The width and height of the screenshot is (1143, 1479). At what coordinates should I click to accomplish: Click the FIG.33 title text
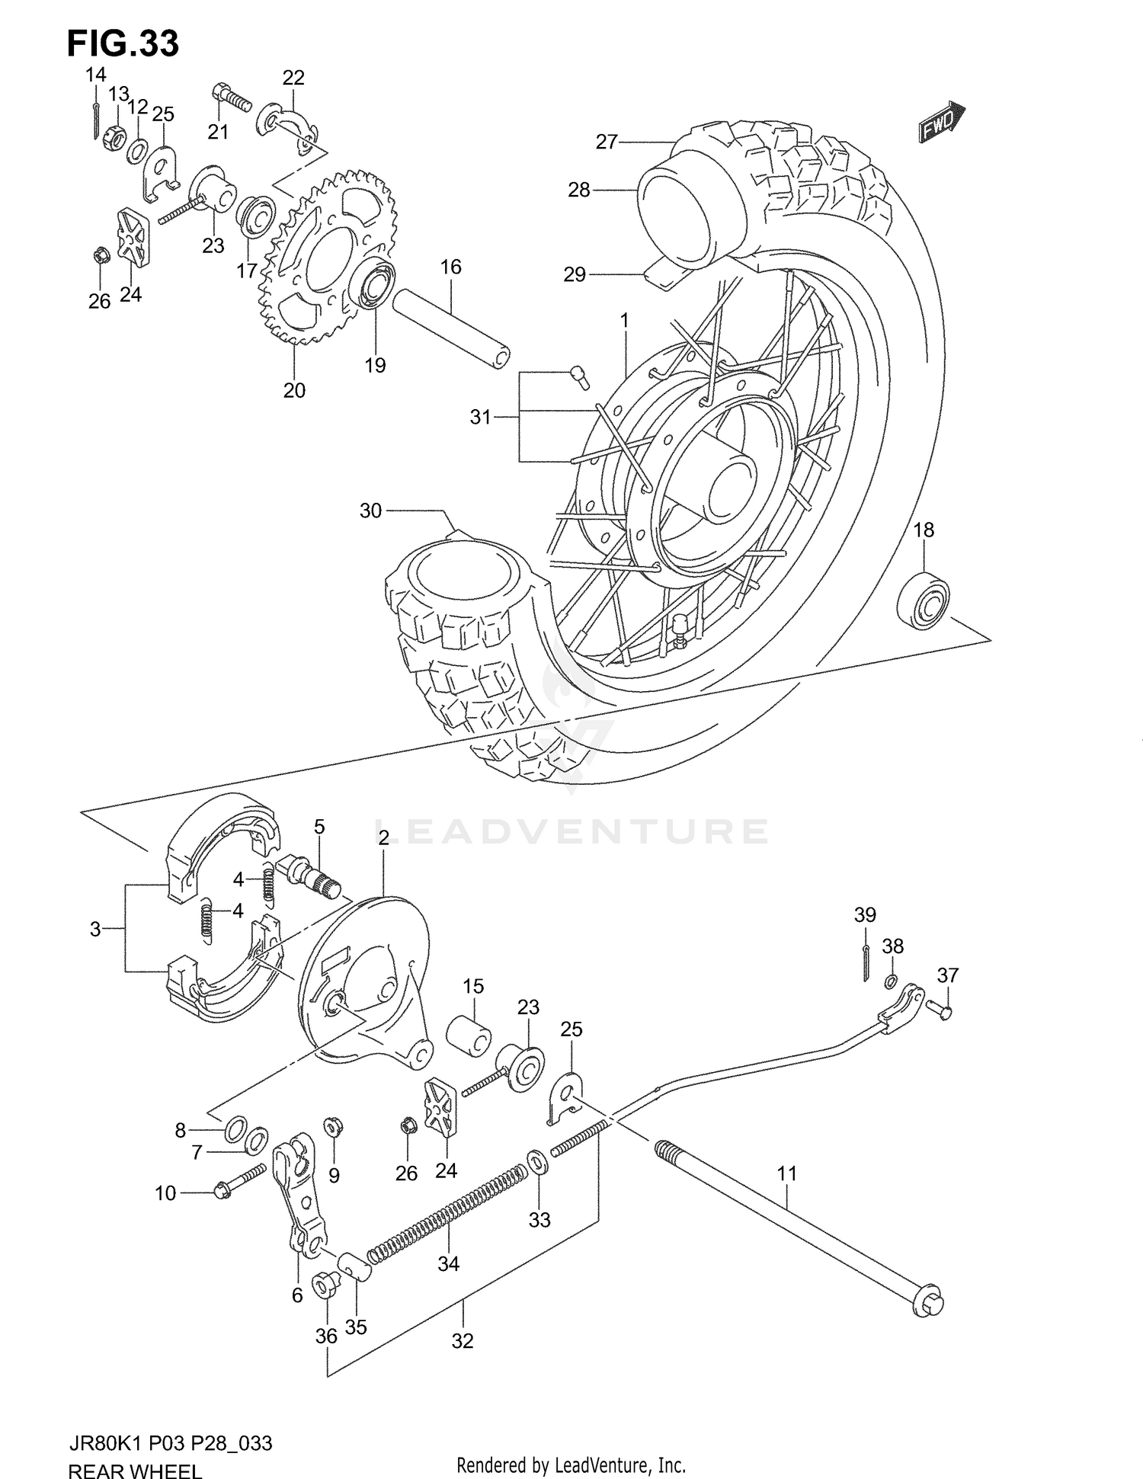(x=123, y=43)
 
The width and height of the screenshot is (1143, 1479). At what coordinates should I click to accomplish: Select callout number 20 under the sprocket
(x=294, y=390)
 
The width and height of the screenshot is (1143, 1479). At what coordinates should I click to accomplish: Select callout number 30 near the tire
(x=370, y=511)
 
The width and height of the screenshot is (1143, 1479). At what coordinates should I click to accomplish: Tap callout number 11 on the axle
(x=786, y=1173)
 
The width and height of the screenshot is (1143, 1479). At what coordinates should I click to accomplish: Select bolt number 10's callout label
(x=165, y=1193)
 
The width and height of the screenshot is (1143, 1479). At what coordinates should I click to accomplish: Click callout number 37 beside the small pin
(x=947, y=975)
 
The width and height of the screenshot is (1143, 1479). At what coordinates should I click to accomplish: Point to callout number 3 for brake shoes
(x=95, y=929)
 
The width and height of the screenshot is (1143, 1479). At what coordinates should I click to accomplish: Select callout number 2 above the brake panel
(x=383, y=838)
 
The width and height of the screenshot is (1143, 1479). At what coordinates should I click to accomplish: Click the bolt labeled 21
(x=230, y=98)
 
